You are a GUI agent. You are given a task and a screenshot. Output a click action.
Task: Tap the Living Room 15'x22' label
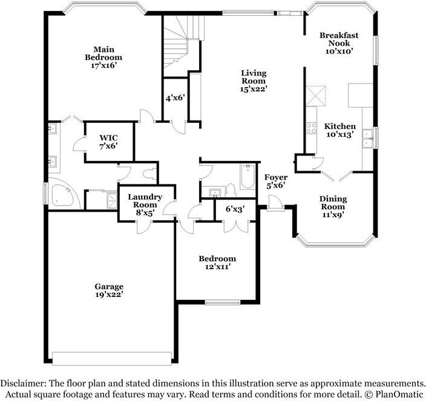pos(253,81)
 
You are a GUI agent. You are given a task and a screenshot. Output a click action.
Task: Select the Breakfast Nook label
pos(339,44)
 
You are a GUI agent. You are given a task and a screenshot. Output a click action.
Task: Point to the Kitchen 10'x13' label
pos(340,130)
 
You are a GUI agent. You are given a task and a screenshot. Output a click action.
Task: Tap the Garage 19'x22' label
pos(109,290)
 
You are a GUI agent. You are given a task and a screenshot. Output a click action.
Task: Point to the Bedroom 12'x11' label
pos(217,262)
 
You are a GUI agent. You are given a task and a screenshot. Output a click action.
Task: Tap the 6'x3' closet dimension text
pos(235,209)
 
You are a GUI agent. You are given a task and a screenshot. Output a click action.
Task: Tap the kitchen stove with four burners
pos(312,128)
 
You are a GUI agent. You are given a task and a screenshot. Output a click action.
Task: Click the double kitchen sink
pos(367,143)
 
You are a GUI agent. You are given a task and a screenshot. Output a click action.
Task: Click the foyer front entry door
pos(275,207)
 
